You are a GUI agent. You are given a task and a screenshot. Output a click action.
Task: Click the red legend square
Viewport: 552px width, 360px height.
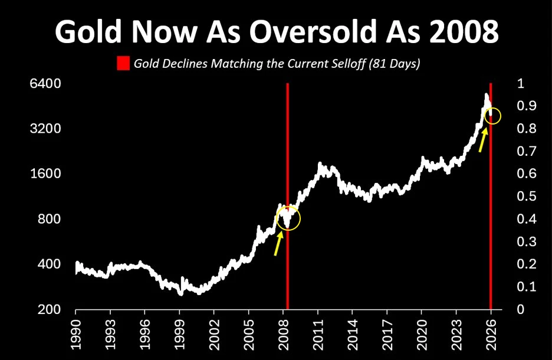(x=123, y=64)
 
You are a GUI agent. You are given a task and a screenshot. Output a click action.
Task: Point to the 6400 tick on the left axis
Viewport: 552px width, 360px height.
(x=46, y=84)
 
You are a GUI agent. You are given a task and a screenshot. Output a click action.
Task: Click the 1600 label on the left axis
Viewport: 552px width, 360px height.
(x=46, y=174)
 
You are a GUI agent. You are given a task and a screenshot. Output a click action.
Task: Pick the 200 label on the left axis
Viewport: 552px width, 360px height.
(x=50, y=309)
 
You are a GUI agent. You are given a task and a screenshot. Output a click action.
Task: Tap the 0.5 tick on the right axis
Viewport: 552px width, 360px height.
(x=527, y=196)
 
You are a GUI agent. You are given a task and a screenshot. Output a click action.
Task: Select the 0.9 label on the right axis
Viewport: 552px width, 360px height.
(x=527, y=106)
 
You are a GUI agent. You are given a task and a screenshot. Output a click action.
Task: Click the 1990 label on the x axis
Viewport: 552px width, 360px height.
(x=75, y=335)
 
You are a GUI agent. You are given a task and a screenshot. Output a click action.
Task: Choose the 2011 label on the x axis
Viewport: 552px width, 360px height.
(x=318, y=335)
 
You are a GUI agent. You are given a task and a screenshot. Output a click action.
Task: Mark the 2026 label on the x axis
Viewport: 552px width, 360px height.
(x=491, y=335)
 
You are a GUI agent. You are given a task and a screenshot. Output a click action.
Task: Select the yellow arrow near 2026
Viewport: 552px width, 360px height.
(x=483, y=140)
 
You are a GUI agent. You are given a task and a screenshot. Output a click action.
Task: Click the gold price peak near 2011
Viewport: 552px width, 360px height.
(x=320, y=164)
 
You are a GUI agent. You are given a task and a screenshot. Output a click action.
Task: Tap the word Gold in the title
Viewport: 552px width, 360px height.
(x=88, y=31)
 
